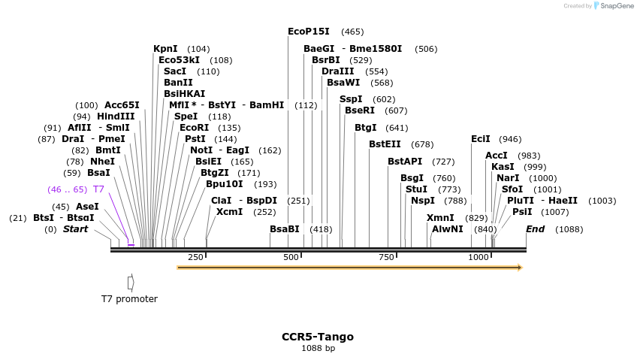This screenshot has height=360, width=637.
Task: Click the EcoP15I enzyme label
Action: [309, 32]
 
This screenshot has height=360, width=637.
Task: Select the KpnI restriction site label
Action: [165, 49]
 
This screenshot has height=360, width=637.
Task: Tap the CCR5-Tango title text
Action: [318, 337]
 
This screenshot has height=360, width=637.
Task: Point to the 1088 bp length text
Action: [318, 348]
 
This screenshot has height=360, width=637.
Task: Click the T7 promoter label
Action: [129, 299]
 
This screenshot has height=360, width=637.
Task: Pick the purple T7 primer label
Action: [98, 189]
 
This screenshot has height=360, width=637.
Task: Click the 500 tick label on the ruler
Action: [291, 257]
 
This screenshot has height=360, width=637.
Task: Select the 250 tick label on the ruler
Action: [195, 257]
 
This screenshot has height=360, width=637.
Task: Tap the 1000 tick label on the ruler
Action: [479, 257]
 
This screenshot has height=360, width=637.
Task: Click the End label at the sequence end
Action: [536, 229]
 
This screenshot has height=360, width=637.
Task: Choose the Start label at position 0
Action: [75, 229]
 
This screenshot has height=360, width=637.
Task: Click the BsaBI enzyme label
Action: [285, 229]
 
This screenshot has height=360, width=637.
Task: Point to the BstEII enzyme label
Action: [385, 144]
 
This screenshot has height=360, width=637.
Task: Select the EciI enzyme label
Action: [480, 139]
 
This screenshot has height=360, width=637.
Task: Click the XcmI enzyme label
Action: [229, 212]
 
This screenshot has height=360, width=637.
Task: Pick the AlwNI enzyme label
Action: [448, 229]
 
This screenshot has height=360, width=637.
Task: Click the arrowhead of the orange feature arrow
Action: [520, 267]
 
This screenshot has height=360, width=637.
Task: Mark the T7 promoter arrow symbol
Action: [131, 283]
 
